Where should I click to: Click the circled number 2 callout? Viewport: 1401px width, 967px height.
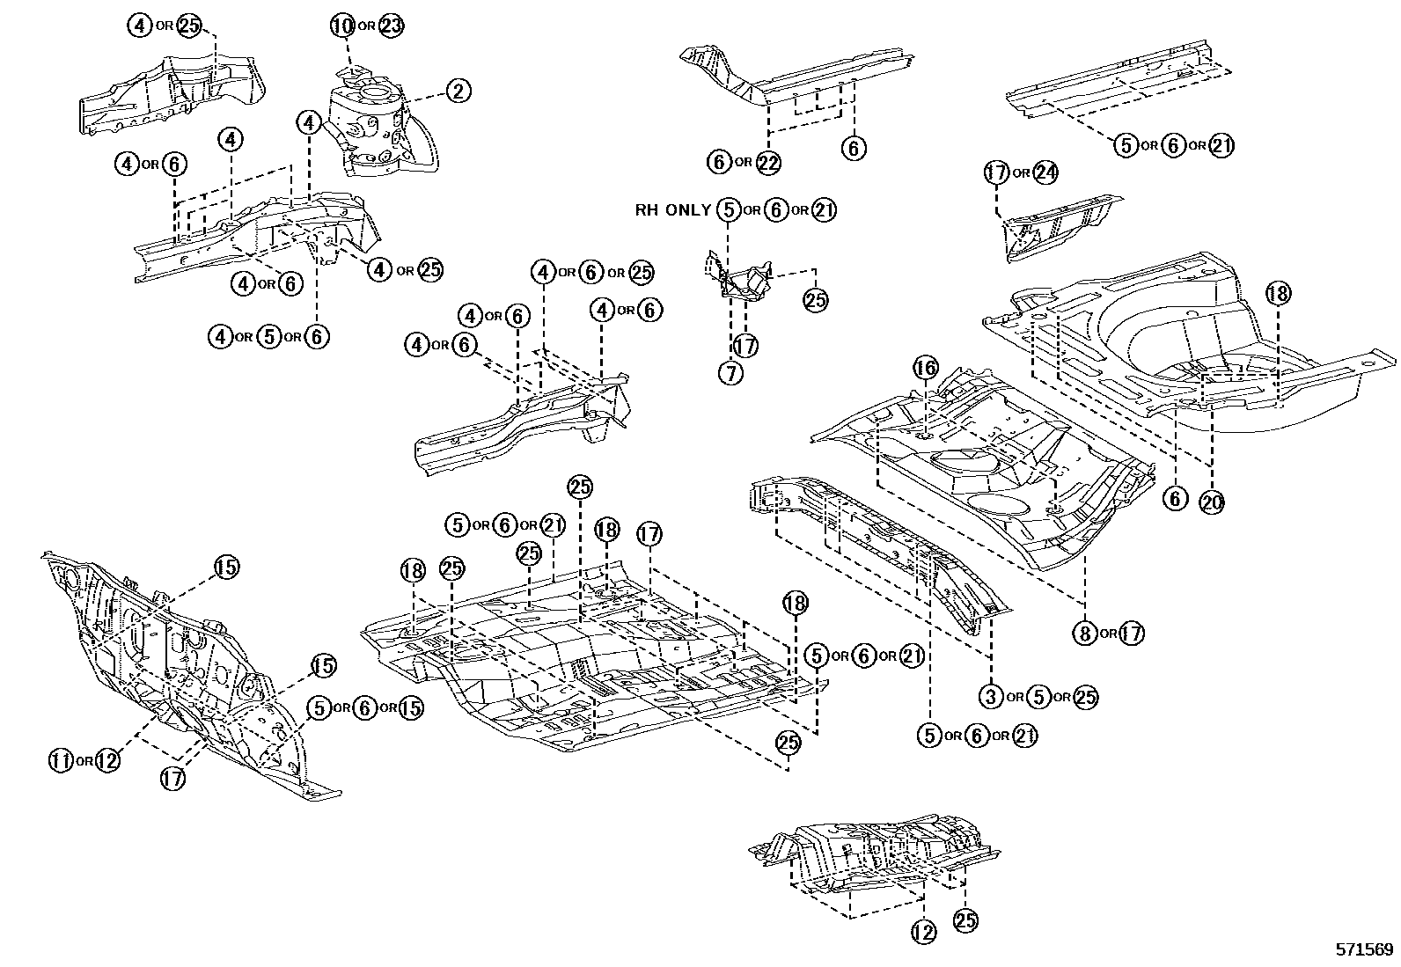click(x=458, y=91)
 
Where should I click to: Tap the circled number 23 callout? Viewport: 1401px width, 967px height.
click(x=391, y=26)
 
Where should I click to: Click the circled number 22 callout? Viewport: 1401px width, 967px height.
click(x=768, y=162)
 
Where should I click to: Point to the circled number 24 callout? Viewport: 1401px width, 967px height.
click(x=1044, y=172)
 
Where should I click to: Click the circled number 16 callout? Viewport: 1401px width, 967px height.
click(x=925, y=368)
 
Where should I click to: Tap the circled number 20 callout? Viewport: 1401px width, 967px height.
click(x=1212, y=501)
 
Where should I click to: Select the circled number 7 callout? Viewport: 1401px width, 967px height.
click(x=730, y=372)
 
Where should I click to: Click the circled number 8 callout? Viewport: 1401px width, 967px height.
click(x=1085, y=632)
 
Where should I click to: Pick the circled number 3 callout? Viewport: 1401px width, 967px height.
click(x=992, y=697)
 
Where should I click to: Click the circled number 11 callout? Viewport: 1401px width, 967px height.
click(x=61, y=760)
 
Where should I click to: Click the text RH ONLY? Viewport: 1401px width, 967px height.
click(x=672, y=210)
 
